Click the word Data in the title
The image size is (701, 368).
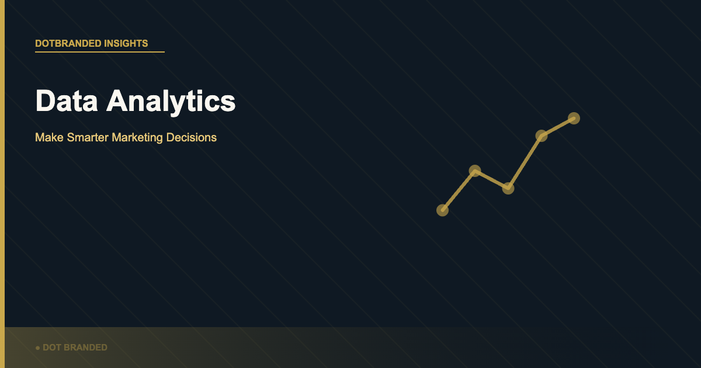click(67, 100)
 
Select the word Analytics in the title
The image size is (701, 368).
click(171, 102)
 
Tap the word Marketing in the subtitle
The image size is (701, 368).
click(137, 138)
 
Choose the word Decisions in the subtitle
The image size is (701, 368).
click(192, 137)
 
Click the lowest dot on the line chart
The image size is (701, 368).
click(443, 210)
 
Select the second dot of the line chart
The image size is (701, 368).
click(475, 171)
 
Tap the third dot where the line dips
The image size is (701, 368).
click(508, 188)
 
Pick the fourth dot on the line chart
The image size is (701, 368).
click(542, 136)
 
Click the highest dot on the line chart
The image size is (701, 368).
click(574, 118)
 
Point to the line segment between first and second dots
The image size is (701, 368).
click(459, 190)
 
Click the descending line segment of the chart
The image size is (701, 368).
click(492, 179)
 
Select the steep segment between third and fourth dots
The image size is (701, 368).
click(525, 162)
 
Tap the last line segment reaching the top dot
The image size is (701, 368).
click(558, 127)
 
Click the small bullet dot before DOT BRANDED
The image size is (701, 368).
click(38, 348)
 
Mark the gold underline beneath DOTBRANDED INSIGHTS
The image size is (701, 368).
click(100, 52)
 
